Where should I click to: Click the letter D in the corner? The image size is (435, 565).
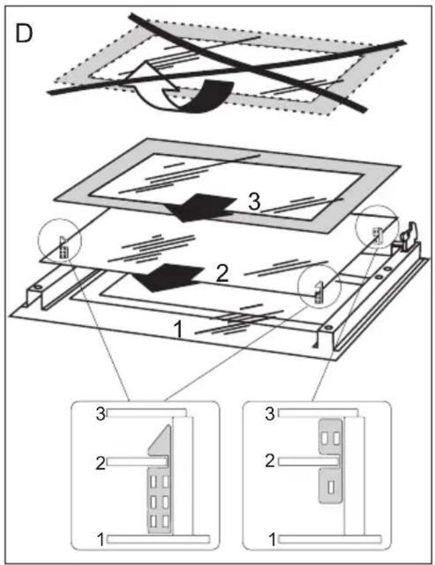pyautogui.click(x=24, y=33)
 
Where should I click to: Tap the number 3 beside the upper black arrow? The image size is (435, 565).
pyautogui.click(x=255, y=201)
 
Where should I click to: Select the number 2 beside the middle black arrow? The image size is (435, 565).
pyautogui.click(x=222, y=274)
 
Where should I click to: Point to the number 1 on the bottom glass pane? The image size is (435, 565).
pyautogui.click(x=178, y=330)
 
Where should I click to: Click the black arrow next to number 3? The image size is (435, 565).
pyautogui.click(x=200, y=208)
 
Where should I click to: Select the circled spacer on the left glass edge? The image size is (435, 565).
pyautogui.click(x=63, y=247)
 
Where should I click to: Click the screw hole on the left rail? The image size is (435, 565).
pyautogui.click(x=37, y=287)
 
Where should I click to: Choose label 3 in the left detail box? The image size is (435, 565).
pyautogui.click(x=101, y=414)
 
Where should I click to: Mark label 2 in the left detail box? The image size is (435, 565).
pyautogui.click(x=101, y=462)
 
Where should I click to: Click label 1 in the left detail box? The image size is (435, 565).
pyautogui.click(x=101, y=540)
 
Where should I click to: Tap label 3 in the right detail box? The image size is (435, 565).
pyautogui.click(x=270, y=414)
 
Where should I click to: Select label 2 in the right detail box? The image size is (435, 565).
pyautogui.click(x=270, y=461)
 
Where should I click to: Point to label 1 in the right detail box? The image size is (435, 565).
pyautogui.click(x=273, y=540)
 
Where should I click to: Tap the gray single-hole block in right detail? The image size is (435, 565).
pyautogui.click(x=331, y=486)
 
